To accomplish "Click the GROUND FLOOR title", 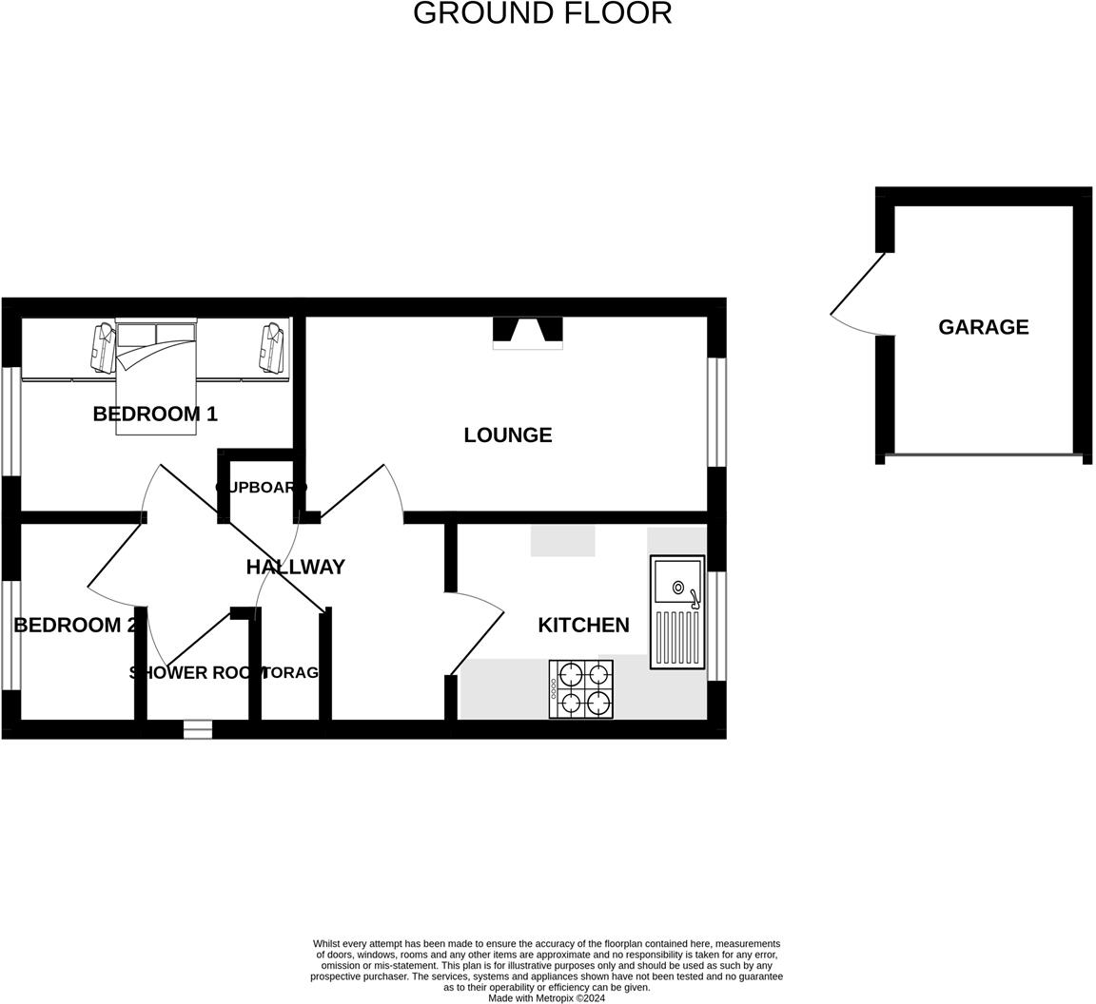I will (542, 13).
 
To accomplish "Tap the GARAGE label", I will (983, 327).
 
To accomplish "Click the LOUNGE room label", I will (507, 434).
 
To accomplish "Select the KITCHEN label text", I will (583, 625).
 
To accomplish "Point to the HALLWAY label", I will (295, 567).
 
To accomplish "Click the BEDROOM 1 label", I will (155, 414).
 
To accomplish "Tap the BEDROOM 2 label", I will (74, 625).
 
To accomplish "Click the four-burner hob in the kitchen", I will (581, 689).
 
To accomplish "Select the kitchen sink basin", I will (677, 581).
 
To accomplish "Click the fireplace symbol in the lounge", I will (527, 332).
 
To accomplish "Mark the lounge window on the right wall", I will (716, 412).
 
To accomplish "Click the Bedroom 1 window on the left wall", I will (11, 420).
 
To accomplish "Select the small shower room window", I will (197, 729).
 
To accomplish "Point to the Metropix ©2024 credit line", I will (546, 998).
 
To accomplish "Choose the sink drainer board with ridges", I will (677, 637).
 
